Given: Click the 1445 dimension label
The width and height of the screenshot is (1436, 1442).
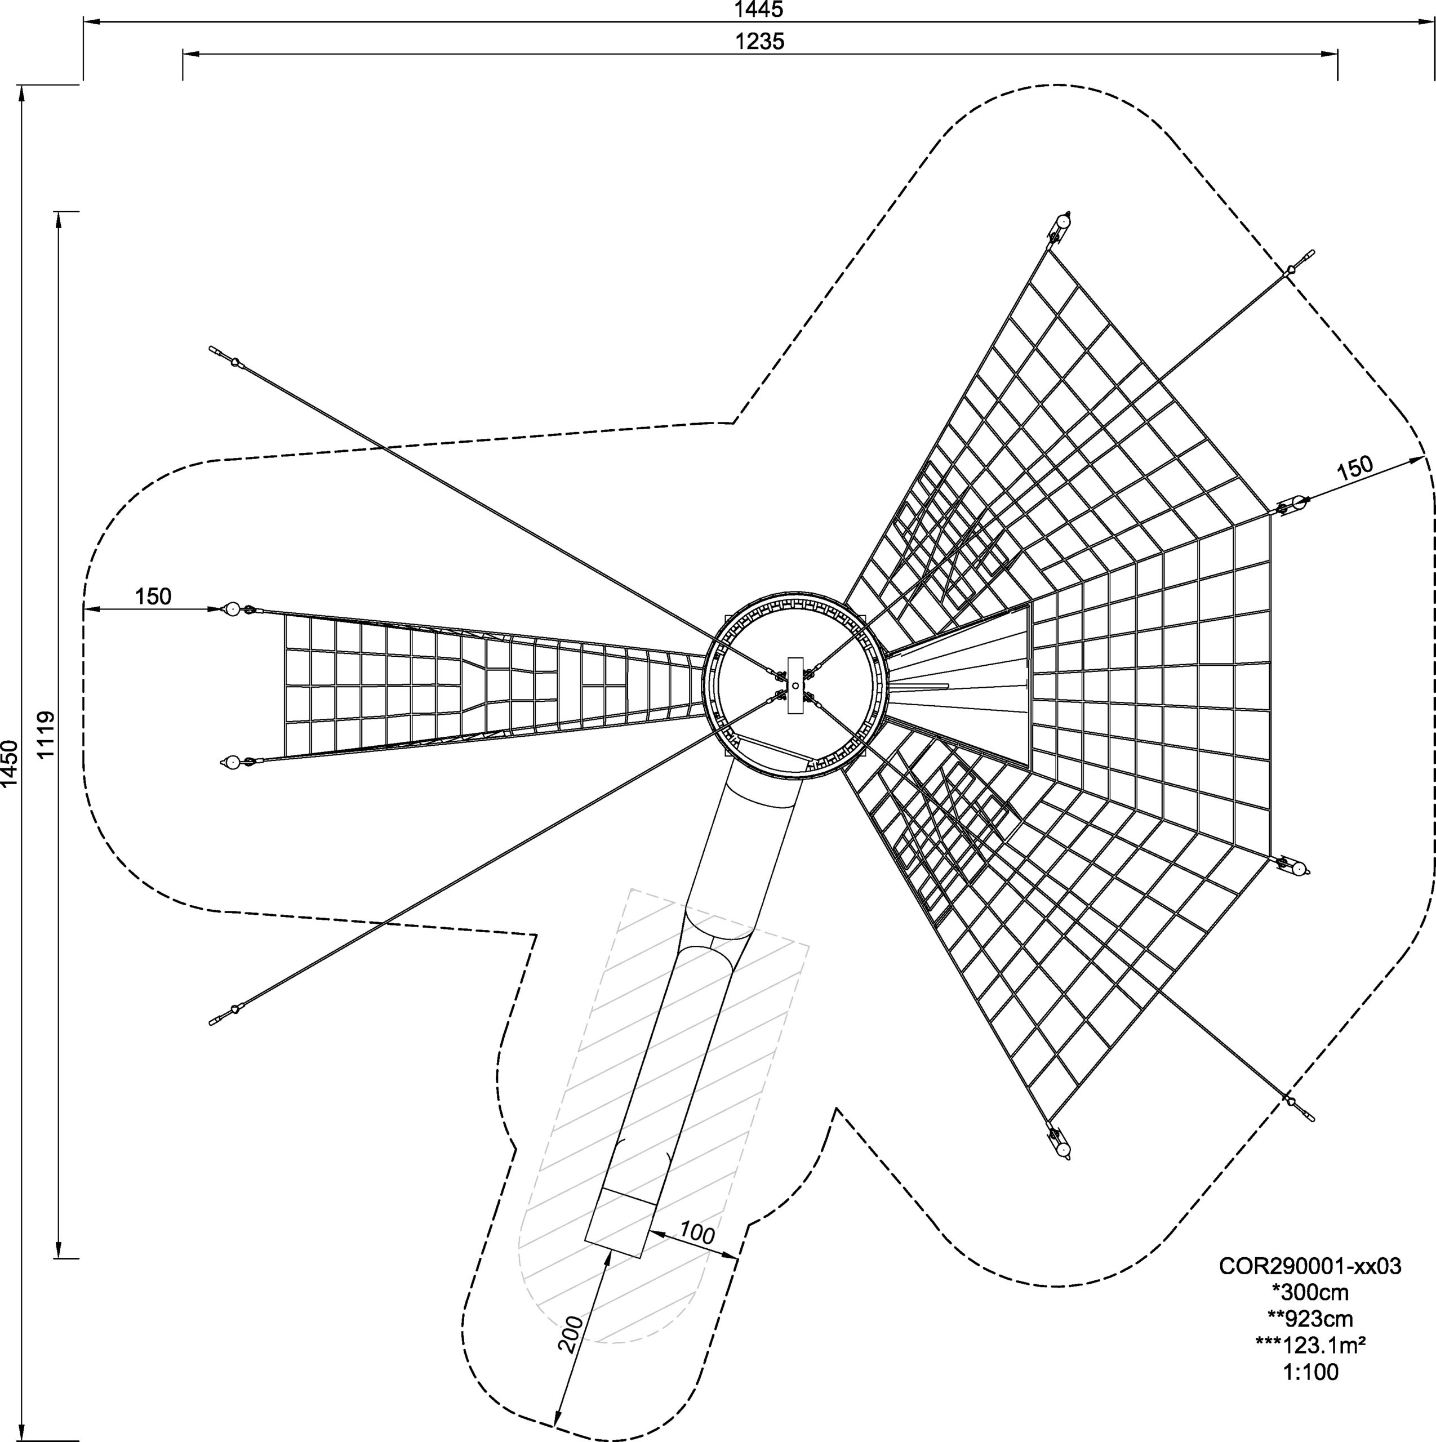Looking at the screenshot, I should pos(759,10).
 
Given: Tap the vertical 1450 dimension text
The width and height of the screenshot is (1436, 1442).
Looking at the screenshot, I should pos(10,764).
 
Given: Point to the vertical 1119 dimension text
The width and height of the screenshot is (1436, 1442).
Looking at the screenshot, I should pos(46,735).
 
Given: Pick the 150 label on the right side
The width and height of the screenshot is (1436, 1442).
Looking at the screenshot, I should pos(1353,466).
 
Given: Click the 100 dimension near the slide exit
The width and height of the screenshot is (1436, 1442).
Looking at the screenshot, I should pos(696,1233).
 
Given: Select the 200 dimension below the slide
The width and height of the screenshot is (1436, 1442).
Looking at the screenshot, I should pos(571,1334).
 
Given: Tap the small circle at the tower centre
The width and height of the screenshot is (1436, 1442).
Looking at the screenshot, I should pos(795,685).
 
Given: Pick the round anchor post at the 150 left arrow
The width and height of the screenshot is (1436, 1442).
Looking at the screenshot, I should pos(232,609).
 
